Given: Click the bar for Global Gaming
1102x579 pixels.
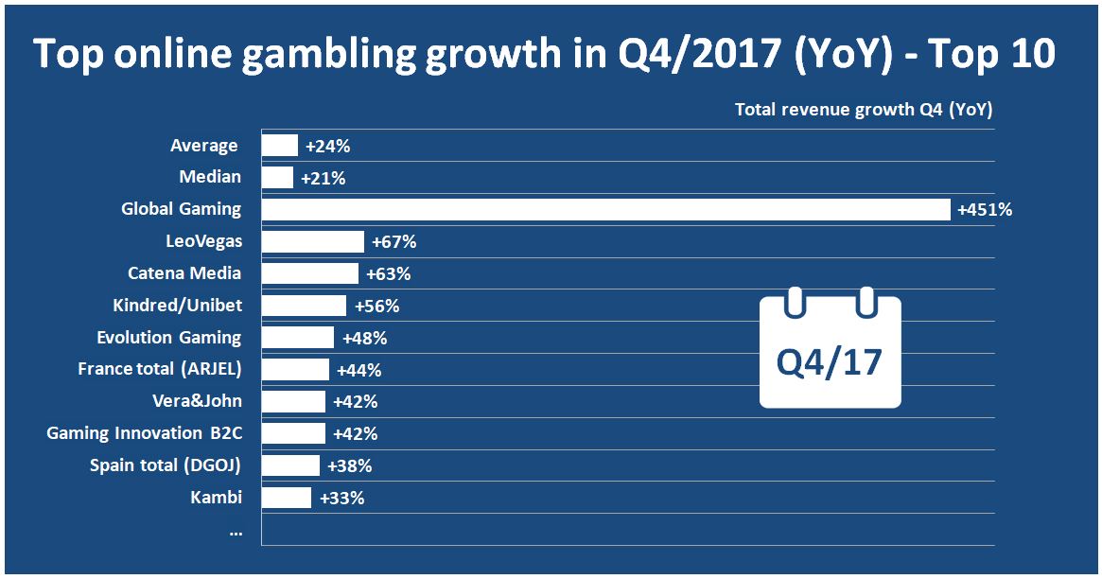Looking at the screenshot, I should pyautogui.click(x=605, y=209).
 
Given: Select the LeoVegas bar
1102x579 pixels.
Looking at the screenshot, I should pyautogui.click(x=312, y=241).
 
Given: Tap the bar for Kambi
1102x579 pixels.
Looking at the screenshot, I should pyautogui.click(x=286, y=498).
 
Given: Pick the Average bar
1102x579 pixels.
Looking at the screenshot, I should pyautogui.click(x=280, y=146).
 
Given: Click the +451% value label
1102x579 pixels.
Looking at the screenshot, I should pyautogui.click(x=985, y=210).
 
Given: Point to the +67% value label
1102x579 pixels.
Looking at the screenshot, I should pyautogui.click(x=394, y=242).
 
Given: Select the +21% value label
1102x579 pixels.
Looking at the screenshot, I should pyautogui.click(x=323, y=178).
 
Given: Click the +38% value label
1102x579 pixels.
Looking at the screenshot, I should pyautogui.click(x=349, y=466).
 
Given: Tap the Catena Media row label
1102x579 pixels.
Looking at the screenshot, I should pyautogui.click(x=184, y=273).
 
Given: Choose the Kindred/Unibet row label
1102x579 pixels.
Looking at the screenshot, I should pyautogui.click(x=177, y=306).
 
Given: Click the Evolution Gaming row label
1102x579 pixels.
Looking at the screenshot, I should pyautogui.click(x=169, y=338).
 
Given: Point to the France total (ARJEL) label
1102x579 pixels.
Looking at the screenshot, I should pyautogui.click(x=160, y=369).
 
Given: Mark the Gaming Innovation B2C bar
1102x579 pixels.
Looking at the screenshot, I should pyautogui.click(x=293, y=433).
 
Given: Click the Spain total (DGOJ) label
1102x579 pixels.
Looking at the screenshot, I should pyautogui.click(x=166, y=465).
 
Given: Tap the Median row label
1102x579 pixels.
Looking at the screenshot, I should pyautogui.click(x=210, y=177).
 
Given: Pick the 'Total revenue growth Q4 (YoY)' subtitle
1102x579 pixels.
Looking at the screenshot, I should pyautogui.click(x=863, y=110).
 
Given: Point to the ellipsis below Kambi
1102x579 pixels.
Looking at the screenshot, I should pyautogui.click(x=235, y=532).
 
